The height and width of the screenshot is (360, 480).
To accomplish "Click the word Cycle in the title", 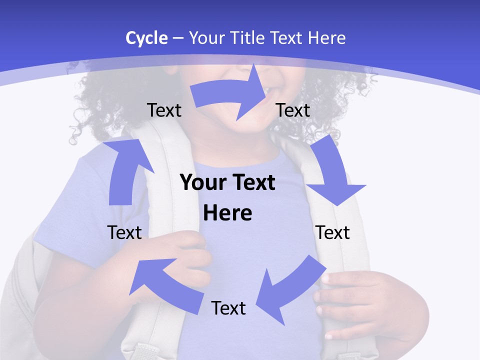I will [146, 38].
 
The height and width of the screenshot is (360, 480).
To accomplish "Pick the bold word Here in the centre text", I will [227, 213].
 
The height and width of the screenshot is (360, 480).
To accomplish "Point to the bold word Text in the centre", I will [252, 183].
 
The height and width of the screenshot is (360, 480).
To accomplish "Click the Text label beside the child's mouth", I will [293, 110].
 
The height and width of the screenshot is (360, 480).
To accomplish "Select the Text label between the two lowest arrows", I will [228, 308].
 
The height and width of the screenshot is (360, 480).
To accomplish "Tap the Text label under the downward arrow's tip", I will [333, 232].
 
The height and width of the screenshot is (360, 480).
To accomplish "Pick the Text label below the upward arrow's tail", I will [124, 232].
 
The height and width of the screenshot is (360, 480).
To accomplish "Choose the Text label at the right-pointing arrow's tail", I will [164, 110].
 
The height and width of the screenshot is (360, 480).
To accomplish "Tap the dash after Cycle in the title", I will [178, 38].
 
